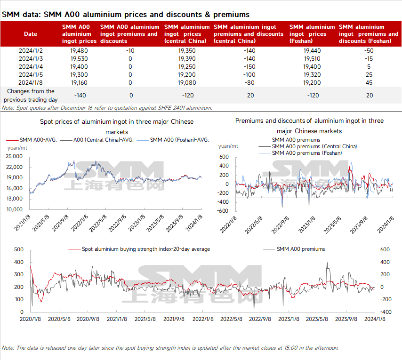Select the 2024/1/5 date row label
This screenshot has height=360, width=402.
31,74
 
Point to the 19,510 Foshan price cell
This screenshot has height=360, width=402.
313,58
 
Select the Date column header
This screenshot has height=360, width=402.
31,34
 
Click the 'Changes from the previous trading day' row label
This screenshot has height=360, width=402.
31,95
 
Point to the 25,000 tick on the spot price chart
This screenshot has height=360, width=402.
15,156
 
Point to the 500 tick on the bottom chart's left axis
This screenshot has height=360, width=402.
19,249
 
